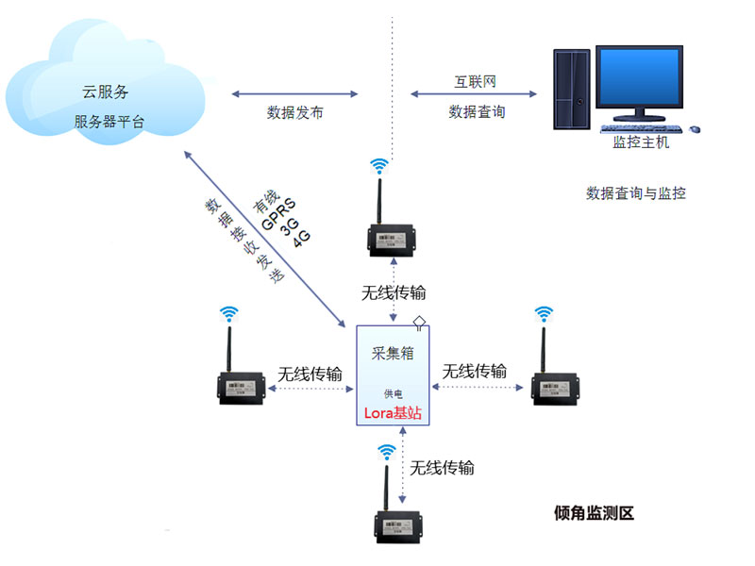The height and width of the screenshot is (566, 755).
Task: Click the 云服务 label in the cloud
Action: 105,92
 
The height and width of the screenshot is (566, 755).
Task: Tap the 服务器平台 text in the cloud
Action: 109,122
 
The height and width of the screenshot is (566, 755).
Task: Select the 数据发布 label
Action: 294,112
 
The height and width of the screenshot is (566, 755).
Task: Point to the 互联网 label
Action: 476,81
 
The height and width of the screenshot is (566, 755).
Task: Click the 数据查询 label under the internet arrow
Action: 477,111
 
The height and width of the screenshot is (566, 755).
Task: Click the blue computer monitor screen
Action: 639,76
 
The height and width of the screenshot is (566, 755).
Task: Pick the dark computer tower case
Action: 572,89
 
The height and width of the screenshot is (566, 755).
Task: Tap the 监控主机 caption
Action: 641,142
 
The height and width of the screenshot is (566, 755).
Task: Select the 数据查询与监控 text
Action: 635,193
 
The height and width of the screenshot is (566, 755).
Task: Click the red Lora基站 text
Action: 393,413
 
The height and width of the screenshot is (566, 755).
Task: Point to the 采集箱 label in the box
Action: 393,353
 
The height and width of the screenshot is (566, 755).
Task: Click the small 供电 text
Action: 393,393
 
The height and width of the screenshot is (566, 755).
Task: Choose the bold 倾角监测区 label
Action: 594,513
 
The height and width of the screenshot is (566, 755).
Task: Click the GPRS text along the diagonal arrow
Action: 278,214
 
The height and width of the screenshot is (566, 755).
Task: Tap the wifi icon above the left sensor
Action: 228,314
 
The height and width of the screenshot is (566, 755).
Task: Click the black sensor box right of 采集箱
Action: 555,388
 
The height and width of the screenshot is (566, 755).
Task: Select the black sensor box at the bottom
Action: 398,527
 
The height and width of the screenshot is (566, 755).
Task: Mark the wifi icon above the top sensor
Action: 379,166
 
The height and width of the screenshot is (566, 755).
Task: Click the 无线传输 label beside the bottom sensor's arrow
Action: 442,467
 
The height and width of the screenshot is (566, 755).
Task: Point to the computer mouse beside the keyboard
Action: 695,129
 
